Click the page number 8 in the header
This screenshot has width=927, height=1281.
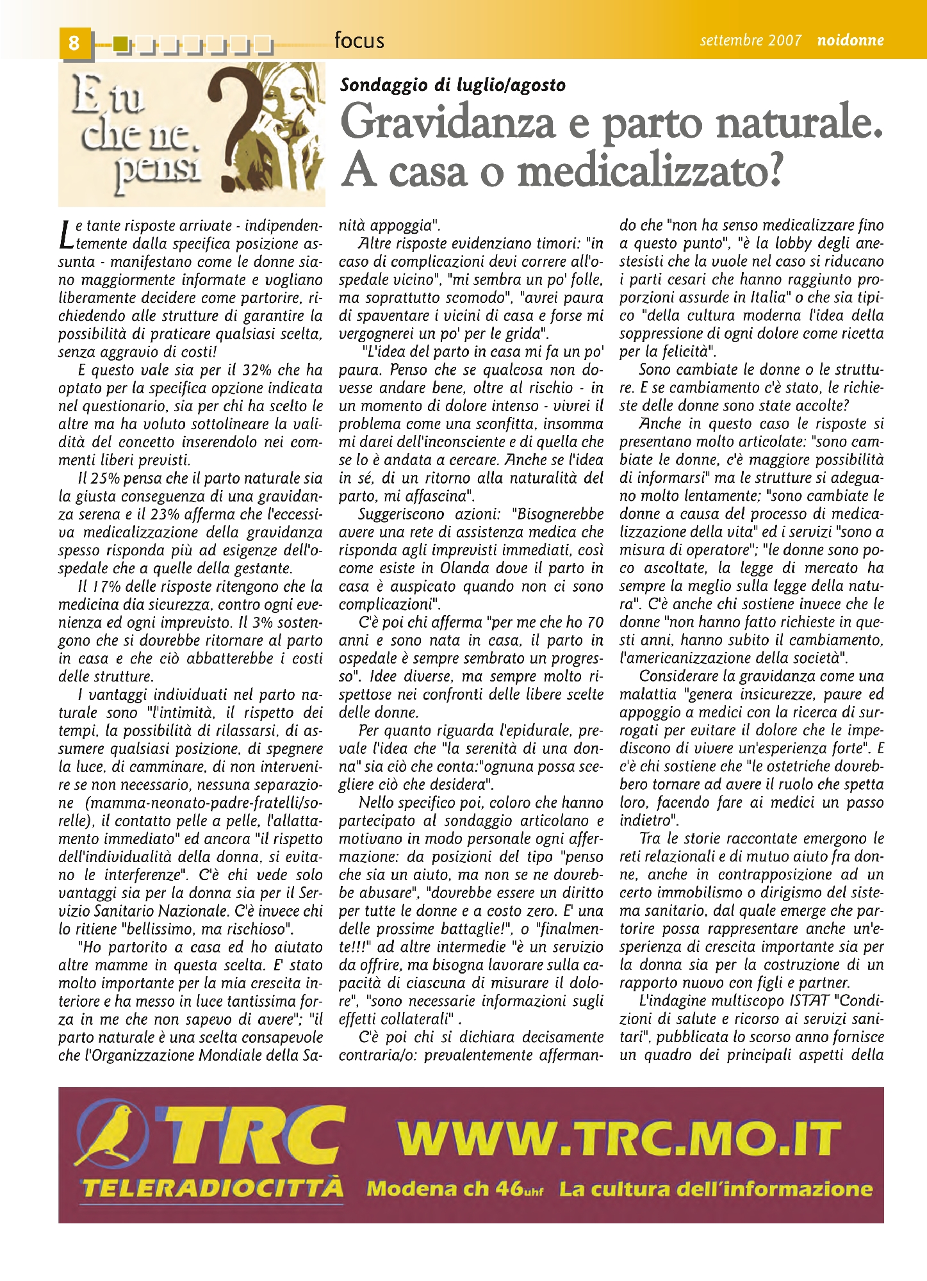click(x=74, y=43)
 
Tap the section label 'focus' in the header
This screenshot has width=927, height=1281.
click(x=359, y=40)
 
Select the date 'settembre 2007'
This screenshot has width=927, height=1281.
click(x=750, y=40)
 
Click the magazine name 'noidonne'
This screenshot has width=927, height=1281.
click(x=850, y=40)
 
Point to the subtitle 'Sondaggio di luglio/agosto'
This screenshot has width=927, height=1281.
click(x=453, y=85)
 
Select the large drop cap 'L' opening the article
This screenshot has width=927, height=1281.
click(x=65, y=234)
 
